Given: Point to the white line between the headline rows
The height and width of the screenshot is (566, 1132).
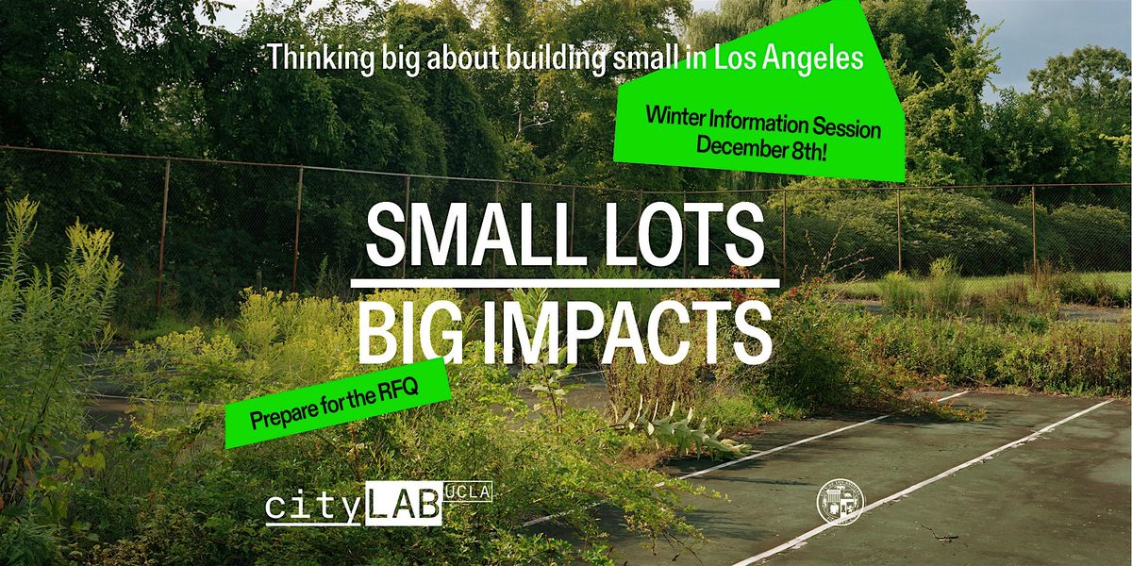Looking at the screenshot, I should click(x=566, y=282).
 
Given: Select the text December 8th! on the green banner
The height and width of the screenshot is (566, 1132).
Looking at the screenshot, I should click(x=761, y=148).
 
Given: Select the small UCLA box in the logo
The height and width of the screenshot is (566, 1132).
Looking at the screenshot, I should click(x=468, y=492).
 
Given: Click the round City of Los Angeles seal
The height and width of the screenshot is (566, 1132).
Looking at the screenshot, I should click(x=840, y=502).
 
